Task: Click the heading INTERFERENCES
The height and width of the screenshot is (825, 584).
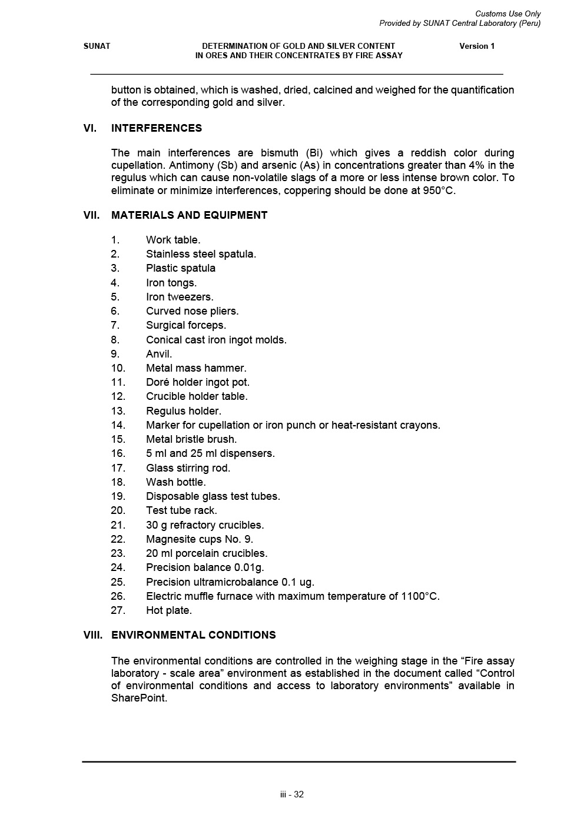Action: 156,128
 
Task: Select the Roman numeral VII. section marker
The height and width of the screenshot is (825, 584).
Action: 92,215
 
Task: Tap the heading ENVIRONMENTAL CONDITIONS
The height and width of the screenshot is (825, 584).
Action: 193,635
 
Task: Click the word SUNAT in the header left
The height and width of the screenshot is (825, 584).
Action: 97,46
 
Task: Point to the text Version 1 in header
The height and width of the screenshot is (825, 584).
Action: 477,46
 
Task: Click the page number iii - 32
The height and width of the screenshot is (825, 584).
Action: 292,794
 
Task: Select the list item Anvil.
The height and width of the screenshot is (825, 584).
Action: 159,354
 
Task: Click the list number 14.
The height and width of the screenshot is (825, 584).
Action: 118,425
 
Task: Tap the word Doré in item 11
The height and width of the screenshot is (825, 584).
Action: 158,382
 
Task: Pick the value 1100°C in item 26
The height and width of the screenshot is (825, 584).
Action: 420,596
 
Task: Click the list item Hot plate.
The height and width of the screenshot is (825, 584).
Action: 169,610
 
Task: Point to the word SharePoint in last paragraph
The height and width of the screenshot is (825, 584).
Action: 139,698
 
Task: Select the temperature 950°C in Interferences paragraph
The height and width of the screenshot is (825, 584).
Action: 439,191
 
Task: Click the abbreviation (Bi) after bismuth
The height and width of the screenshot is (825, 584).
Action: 316,153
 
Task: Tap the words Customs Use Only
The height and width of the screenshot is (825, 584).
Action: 507,14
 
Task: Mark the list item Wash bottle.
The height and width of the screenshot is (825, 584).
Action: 175,482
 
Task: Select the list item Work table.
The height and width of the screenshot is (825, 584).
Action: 173,240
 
